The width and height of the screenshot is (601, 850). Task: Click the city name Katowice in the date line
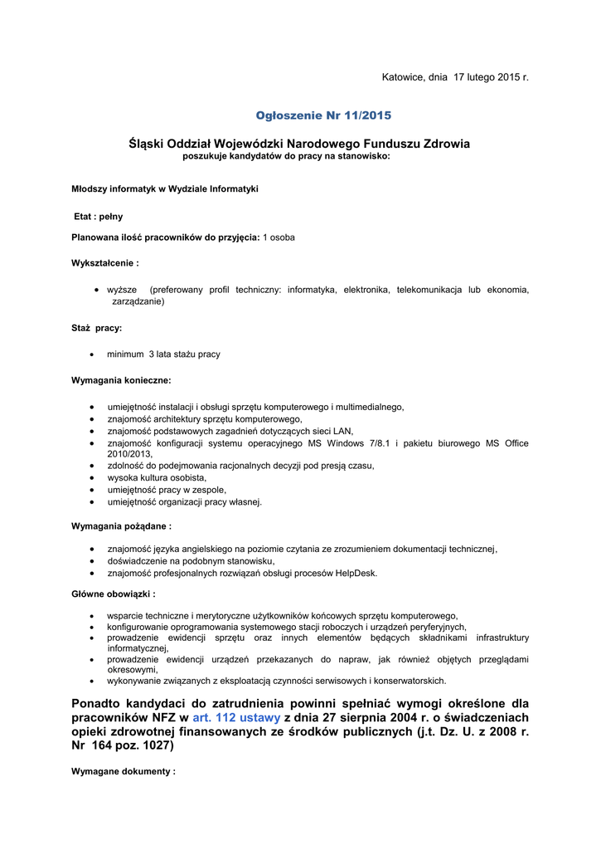click(402, 77)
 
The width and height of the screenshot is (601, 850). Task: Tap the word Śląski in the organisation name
click(148, 144)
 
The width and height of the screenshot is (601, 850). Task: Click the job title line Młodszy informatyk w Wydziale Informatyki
click(165, 188)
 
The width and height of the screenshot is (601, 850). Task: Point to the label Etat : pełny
click(99, 216)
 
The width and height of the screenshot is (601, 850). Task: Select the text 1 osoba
click(279, 237)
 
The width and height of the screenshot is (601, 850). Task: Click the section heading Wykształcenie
click(105, 262)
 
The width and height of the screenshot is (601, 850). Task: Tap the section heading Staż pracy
click(97, 328)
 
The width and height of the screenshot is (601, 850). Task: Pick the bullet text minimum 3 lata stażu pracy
click(163, 354)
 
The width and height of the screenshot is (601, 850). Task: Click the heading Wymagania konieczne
click(122, 380)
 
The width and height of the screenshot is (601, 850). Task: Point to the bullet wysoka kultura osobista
click(157, 478)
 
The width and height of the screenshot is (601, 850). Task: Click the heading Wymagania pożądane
click(122, 526)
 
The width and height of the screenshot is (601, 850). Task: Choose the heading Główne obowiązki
click(114, 594)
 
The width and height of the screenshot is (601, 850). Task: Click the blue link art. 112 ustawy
click(236, 717)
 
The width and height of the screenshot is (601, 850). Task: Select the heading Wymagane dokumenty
click(124, 771)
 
